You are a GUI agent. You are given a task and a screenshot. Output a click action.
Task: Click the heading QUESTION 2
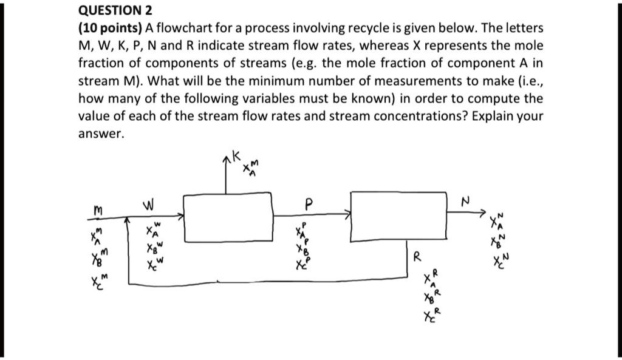click(x=115, y=10)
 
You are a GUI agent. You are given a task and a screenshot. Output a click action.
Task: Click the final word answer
click(x=101, y=133)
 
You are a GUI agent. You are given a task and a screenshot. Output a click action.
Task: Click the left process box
click(x=228, y=217)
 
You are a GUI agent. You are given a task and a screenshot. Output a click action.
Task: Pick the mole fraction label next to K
click(x=251, y=170)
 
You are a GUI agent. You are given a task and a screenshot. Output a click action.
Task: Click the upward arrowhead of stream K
click(x=227, y=160)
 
